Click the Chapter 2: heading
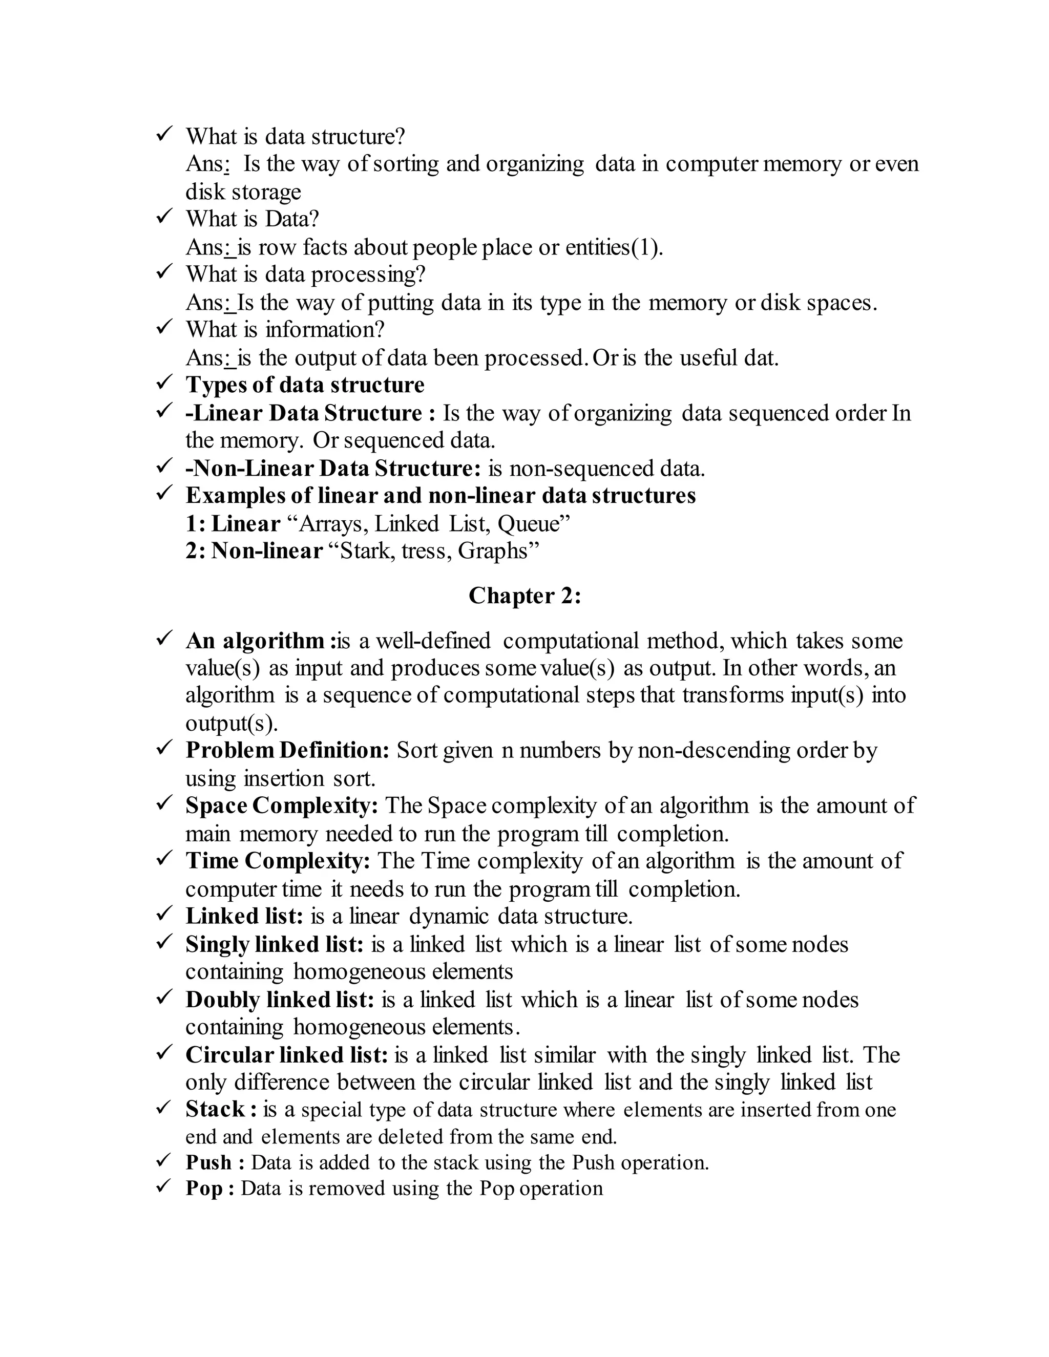(524, 596)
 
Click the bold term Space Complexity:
(282, 806)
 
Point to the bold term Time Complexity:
(278, 861)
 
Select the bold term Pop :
(210, 1188)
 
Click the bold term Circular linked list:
(286, 1055)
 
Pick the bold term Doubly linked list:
(280, 1000)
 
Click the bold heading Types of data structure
(305, 385)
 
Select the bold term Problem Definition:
(287, 751)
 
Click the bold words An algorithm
(255, 641)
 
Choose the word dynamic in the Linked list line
(448, 917)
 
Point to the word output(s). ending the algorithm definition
(231, 723)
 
